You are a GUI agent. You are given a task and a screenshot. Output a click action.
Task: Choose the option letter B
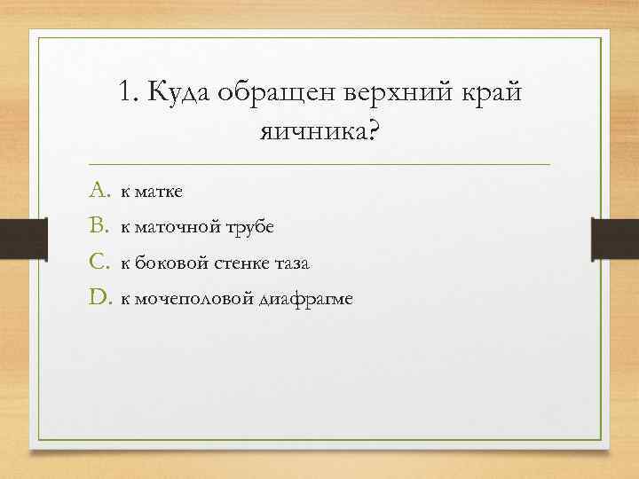pyautogui.click(x=98, y=227)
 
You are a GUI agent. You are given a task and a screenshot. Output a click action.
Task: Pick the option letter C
pyautogui.click(x=98, y=263)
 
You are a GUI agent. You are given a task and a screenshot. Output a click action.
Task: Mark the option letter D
pyautogui.click(x=98, y=299)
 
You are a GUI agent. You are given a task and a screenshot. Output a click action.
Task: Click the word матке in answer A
pyautogui.click(x=161, y=192)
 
